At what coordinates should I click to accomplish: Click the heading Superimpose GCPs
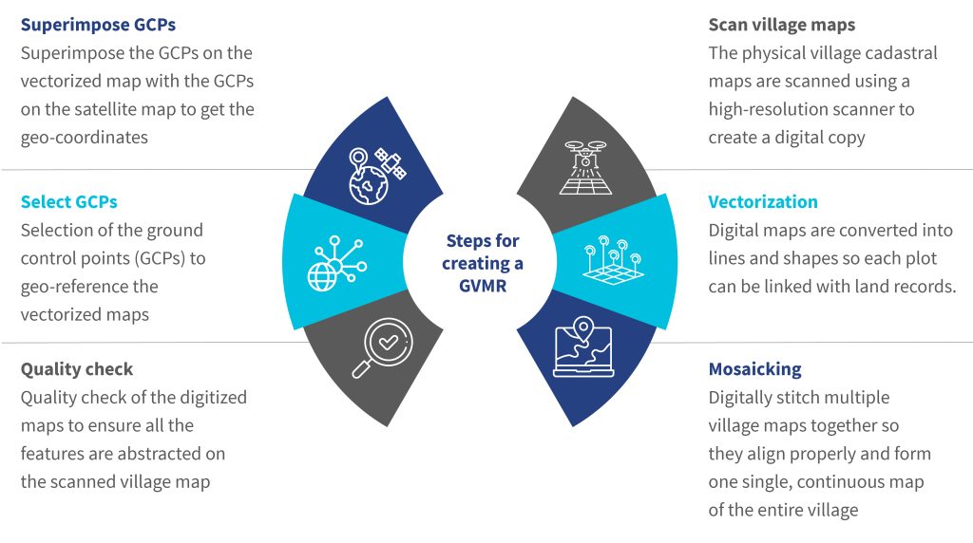98,25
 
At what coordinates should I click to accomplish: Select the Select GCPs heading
68,201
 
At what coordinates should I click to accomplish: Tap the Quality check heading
77,368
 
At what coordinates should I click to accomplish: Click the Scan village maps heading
781,25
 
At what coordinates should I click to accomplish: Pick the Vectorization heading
763,201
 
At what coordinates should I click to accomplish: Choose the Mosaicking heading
755,368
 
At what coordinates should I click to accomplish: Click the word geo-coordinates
85,137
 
